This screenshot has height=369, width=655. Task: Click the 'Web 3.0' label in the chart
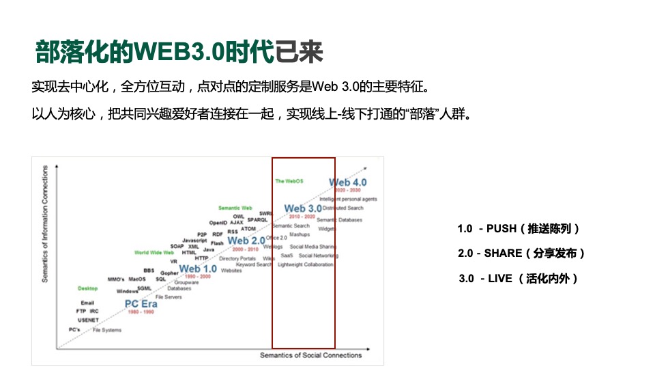click(x=302, y=208)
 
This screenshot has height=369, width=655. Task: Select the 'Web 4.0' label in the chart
click(x=348, y=182)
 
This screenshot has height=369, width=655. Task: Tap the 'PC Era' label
click(x=141, y=303)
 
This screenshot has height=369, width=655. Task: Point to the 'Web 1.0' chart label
click(x=198, y=269)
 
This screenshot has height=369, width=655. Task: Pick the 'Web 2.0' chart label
click(x=246, y=241)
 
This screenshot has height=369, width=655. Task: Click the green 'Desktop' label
click(x=87, y=288)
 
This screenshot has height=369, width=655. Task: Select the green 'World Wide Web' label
click(x=154, y=252)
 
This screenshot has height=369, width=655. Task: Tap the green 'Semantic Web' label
click(x=235, y=208)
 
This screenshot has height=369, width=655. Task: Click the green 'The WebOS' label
click(x=289, y=181)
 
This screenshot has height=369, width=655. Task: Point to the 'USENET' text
click(x=88, y=320)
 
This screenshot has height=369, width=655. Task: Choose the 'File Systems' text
click(x=107, y=330)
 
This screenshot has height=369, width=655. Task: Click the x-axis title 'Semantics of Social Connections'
click(x=310, y=355)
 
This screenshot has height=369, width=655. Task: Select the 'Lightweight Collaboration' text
click(x=306, y=264)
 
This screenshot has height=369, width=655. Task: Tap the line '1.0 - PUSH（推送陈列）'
click(x=518, y=229)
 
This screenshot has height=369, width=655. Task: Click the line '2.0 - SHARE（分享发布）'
click(x=521, y=254)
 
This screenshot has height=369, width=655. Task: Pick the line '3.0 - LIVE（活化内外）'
click(x=518, y=278)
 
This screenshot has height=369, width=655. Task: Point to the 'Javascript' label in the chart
click(x=195, y=241)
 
